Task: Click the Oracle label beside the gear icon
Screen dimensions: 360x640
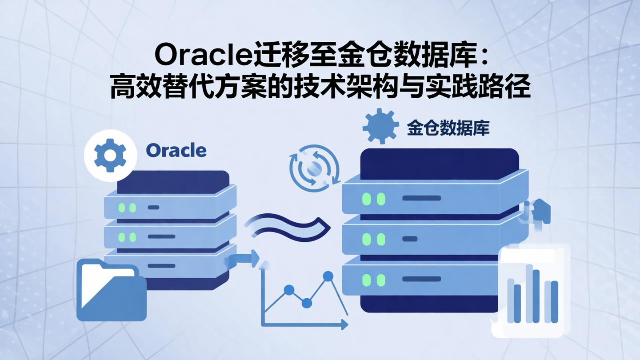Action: [176, 151]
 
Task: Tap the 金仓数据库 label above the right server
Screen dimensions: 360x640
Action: [448, 128]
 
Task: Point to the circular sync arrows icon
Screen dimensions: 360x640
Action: [314, 168]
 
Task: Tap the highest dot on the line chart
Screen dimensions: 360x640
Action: [328, 276]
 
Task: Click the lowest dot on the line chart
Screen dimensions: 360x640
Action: [306, 303]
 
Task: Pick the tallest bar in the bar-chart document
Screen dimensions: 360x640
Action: [529, 293]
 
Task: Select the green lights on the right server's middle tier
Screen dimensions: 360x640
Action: [373, 239]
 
